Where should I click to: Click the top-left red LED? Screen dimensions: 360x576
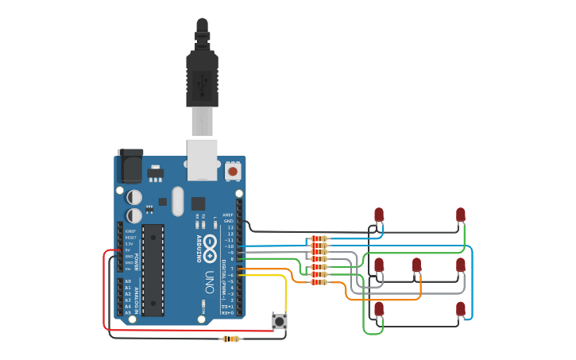[379, 215]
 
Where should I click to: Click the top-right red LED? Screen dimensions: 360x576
[461, 215]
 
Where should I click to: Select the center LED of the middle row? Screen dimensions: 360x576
[416, 265]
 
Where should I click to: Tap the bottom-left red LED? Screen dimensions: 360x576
[379, 308]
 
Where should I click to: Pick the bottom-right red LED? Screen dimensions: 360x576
[461, 308]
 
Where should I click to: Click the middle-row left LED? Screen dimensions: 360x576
[379, 265]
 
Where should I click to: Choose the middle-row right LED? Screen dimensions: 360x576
[461, 265]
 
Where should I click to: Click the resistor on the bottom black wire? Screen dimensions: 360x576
[231, 339]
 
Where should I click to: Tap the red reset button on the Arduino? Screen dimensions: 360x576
[233, 170]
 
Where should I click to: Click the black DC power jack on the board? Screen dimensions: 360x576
[130, 165]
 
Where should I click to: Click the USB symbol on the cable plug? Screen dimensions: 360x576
[202, 79]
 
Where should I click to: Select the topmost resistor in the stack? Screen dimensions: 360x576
[319, 238]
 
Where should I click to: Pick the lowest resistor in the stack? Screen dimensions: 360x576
[319, 282]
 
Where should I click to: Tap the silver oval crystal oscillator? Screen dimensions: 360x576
[176, 201]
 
